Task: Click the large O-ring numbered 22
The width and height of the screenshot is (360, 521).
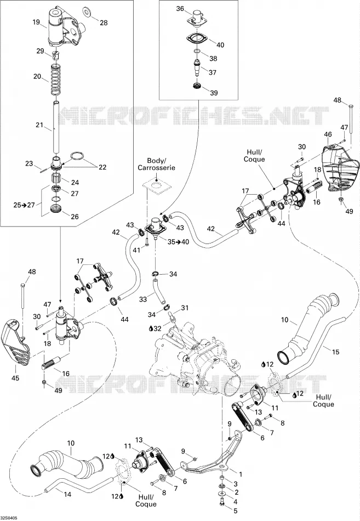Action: [78, 156]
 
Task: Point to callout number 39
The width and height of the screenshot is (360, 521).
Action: [214, 93]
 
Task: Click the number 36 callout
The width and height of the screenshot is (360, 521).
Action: [180, 9]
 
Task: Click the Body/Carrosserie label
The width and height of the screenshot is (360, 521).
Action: [156, 165]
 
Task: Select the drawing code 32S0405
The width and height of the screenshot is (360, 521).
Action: [9, 518]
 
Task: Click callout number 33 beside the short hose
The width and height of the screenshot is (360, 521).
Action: [143, 299]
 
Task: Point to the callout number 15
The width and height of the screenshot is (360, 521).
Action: [335, 352]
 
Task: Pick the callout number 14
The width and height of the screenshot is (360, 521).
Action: [67, 494]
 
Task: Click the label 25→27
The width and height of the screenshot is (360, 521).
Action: [24, 205]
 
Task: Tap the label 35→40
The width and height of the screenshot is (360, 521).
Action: [178, 242]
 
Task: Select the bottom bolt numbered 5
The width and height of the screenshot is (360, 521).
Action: [222, 505]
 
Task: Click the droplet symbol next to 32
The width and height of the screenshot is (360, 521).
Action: [151, 329]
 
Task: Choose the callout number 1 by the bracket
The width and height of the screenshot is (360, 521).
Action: [241, 474]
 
